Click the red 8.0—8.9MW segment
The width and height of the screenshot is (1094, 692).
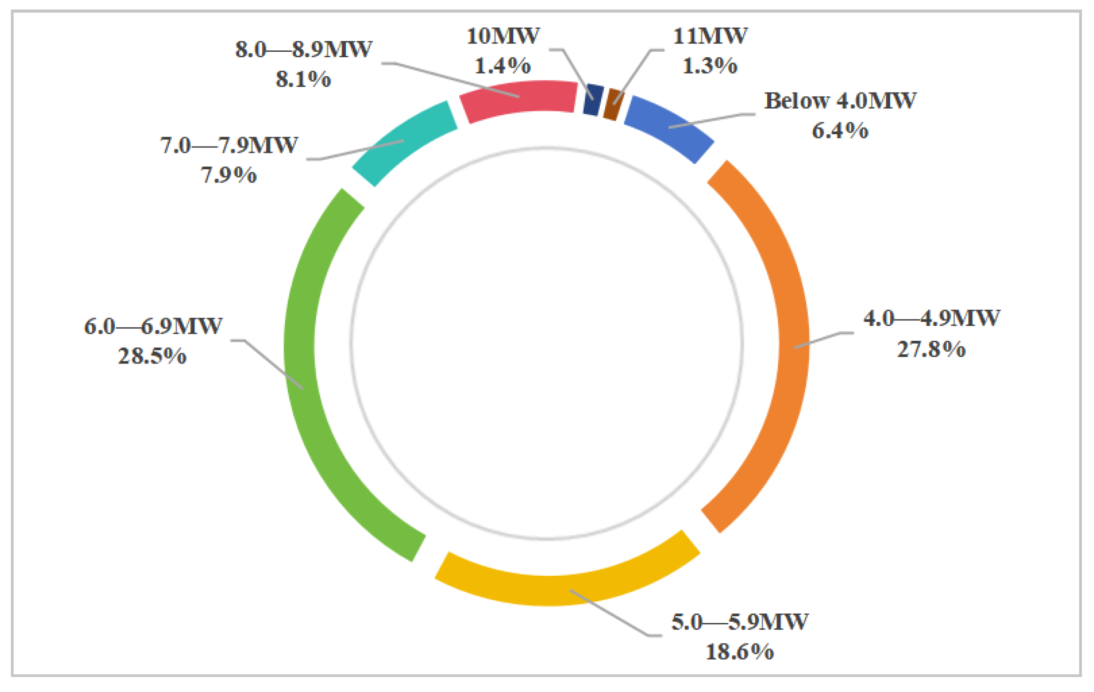click(518, 100)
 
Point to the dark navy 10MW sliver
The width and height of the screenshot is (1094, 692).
click(593, 99)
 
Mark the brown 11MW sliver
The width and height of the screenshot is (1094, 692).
click(613, 104)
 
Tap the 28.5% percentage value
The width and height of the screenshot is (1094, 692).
click(152, 356)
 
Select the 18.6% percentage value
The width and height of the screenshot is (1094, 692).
click(740, 652)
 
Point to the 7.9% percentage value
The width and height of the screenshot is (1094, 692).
click(229, 175)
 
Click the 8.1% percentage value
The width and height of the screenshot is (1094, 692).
click(304, 79)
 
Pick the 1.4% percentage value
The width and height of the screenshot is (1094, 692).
click(503, 66)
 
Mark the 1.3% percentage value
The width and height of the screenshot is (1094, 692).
click(710, 66)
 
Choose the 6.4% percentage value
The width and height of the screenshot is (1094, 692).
click(840, 131)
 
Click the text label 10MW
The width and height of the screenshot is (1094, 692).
click(503, 36)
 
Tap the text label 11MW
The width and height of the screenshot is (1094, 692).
click(710, 36)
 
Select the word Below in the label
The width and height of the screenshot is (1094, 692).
click(796, 101)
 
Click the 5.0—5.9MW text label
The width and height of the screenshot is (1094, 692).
click(740, 622)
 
